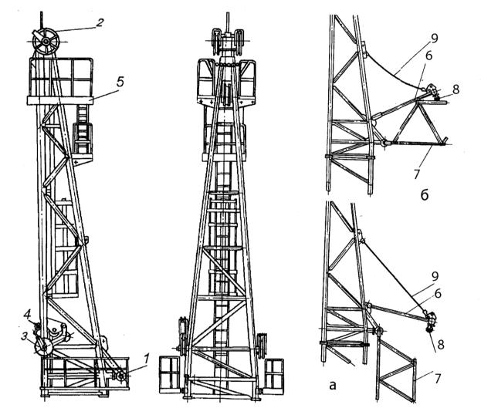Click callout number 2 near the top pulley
pos(100,23)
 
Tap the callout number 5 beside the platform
pos(120,82)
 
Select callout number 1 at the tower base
pos(147,359)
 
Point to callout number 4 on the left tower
pos(27,314)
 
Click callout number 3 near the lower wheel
pos(24,336)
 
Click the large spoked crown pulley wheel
pos(46,41)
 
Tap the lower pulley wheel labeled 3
pos(44,347)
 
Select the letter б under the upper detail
pos(425,195)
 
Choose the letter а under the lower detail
pos(333,385)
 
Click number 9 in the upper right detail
pos(434,39)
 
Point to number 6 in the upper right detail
pos(428,56)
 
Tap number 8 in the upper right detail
pos(456,89)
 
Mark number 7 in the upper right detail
pos(416,174)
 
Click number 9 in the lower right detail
pos(435,276)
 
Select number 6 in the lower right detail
pos(438,293)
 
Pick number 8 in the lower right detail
pos(441,345)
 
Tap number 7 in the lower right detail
pos(438,378)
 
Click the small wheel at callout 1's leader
pos(121,376)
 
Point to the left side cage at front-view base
pos(169,375)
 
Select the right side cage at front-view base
pos(273,376)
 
